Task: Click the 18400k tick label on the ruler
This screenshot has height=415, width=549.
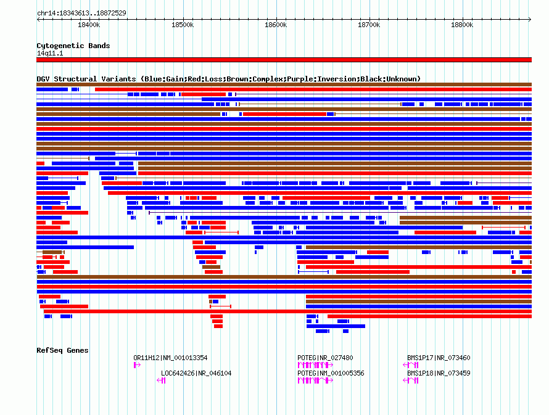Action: pos(89,25)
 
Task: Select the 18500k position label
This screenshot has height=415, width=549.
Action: pos(183,25)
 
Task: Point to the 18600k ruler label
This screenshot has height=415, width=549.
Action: pos(276,25)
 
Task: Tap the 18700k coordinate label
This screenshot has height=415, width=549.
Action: pos(369,25)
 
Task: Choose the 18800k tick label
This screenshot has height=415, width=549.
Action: pos(462,25)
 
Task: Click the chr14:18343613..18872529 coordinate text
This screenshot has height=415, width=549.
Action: pos(81,14)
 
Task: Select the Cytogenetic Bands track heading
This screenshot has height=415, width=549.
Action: pos(73,46)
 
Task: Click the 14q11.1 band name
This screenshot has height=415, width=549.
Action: pos(50,53)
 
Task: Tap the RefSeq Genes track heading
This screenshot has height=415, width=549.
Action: pos(62,350)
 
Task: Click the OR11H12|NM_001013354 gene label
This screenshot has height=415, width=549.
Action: pos(170,358)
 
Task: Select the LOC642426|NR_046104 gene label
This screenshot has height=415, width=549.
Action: pos(196,373)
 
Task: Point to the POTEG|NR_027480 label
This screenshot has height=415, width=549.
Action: pos(325,358)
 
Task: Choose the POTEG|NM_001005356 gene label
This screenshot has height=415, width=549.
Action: pos(331,373)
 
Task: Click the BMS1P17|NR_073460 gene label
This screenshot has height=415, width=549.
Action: pos(439,358)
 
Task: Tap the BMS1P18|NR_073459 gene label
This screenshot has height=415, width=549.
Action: pos(439,373)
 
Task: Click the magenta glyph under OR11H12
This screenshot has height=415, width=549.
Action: pos(137,365)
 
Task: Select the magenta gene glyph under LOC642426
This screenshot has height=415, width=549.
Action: pos(161,380)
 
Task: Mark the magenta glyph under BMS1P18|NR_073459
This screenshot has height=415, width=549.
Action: pos(411,380)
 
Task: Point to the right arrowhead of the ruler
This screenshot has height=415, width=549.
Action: pos(530,20)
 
